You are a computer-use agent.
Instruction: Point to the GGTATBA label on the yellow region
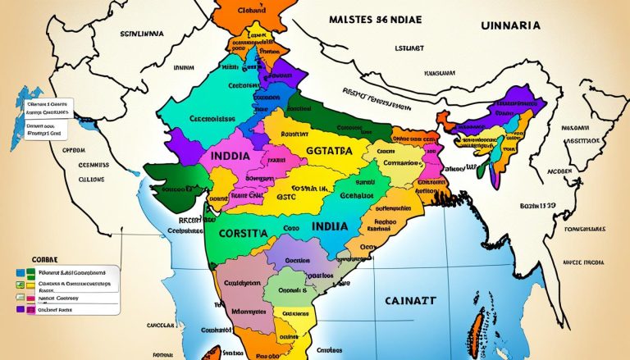click(x=316, y=152)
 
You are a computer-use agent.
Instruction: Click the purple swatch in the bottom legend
click(x=21, y=310)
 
